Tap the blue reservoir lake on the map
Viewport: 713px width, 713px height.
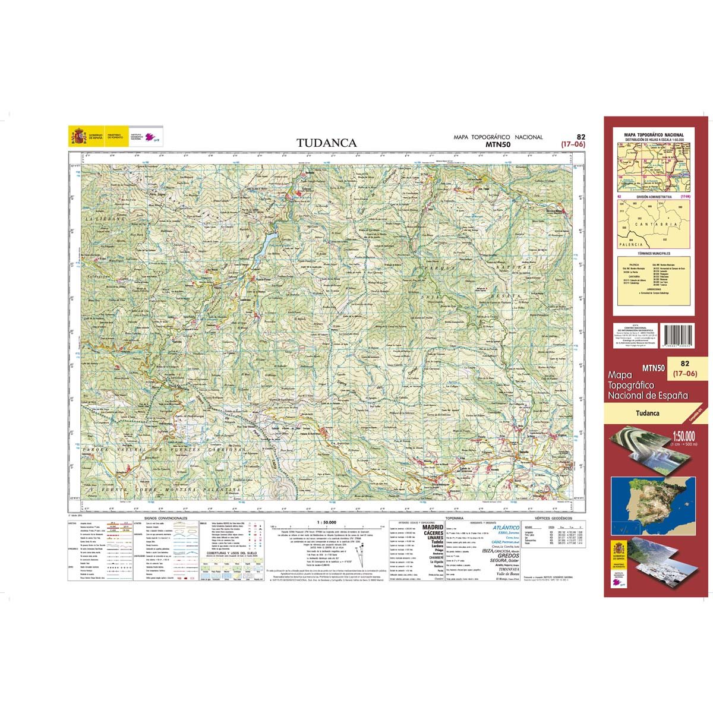267,240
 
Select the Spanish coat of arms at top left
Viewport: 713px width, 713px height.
78,137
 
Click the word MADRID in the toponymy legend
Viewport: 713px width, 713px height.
431,527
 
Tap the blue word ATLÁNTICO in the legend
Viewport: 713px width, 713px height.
506,528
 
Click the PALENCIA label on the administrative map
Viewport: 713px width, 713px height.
628,244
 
